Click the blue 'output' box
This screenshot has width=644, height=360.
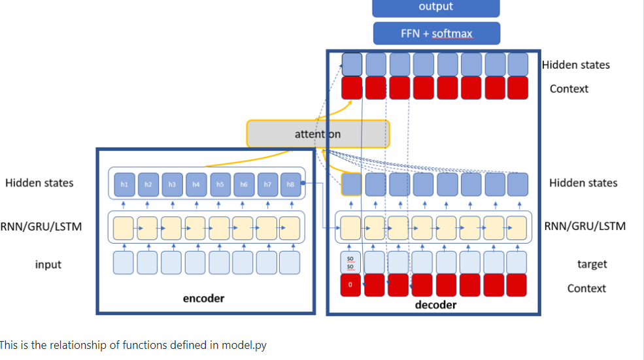click(435, 7)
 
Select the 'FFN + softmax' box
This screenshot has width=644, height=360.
click(436, 33)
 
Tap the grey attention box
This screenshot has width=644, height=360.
click(318, 134)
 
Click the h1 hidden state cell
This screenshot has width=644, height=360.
click(124, 185)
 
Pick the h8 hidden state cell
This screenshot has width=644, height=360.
click(291, 185)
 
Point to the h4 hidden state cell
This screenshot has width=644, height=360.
click(195, 185)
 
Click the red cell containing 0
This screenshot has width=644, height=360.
click(350, 285)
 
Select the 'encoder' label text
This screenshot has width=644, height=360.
click(203, 299)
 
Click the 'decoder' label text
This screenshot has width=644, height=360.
click(435, 305)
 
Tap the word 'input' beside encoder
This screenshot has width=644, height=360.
click(48, 265)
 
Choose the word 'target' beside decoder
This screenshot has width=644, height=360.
click(592, 264)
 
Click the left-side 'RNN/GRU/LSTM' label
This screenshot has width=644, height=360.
click(41, 227)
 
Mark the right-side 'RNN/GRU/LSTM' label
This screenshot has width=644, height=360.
click(585, 226)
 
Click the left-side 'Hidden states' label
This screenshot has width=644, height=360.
click(39, 183)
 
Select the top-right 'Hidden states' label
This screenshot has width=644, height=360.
click(575, 65)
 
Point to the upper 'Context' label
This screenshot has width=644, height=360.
click(569, 89)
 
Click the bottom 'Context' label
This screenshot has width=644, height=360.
click(586, 288)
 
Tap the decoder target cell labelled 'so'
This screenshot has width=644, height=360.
click(350, 263)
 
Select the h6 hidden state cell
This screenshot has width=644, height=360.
click(243, 185)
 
